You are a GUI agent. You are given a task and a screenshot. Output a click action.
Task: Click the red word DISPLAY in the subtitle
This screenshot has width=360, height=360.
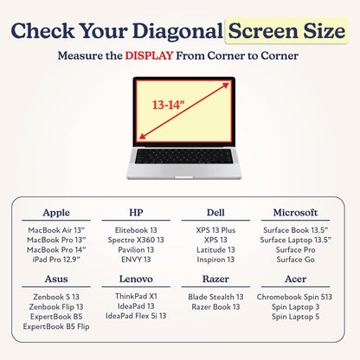(x=149, y=55)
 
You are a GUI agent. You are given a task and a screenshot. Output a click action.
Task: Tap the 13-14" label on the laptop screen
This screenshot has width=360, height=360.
(x=168, y=105)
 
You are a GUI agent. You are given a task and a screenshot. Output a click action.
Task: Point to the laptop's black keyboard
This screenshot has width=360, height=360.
(x=184, y=156)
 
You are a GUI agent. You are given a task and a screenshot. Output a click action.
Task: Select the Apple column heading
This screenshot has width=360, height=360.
(x=56, y=213)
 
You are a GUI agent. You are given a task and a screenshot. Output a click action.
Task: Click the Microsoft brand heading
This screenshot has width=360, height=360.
(x=295, y=213)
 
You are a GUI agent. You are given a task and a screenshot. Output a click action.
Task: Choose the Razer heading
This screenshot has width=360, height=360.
(x=215, y=279)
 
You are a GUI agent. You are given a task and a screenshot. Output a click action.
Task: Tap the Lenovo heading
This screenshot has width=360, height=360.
(x=136, y=279)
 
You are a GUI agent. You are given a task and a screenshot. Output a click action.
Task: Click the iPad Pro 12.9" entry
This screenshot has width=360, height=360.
(x=56, y=260)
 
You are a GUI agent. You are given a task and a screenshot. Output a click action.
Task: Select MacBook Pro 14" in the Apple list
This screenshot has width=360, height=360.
(x=56, y=250)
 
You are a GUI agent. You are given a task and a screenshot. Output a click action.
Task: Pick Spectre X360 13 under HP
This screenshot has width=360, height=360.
(x=136, y=240)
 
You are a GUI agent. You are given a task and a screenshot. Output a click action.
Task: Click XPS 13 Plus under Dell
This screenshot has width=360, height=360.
(x=215, y=230)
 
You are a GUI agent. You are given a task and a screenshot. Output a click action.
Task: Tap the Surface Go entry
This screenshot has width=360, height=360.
(x=295, y=260)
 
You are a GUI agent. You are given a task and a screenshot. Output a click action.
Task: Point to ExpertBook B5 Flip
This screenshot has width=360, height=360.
(x=56, y=327)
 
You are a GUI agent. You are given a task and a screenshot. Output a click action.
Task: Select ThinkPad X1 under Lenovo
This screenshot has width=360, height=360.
(x=136, y=296)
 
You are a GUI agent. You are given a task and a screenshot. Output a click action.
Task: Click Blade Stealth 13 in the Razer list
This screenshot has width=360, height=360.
(x=215, y=297)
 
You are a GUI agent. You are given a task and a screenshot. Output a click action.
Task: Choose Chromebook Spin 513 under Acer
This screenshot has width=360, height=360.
(x=294, y=297)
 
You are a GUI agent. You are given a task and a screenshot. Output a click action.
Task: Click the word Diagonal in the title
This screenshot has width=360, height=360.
(x=177, y=31)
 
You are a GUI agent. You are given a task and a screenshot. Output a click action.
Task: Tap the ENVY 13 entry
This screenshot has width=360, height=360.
(x=136, y=260)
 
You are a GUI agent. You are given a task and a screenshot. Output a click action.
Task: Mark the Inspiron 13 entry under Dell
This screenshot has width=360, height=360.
(x=215, y=260)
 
